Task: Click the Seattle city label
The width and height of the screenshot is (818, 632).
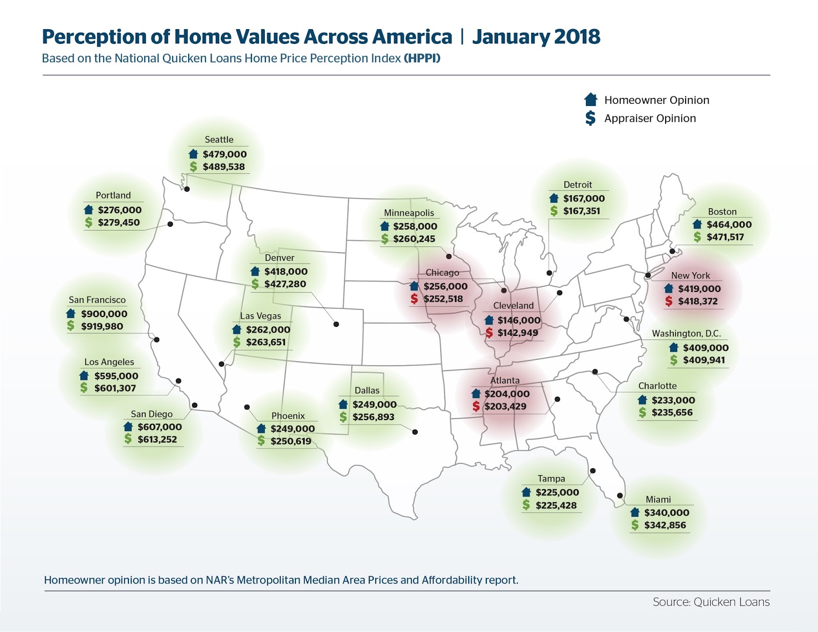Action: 219,140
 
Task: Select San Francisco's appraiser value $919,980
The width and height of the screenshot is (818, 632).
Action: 102,326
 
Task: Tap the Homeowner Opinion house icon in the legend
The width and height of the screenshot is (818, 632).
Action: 590,100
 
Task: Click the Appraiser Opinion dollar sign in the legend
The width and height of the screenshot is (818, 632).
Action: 590,118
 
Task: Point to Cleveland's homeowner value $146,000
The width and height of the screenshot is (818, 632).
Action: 518,320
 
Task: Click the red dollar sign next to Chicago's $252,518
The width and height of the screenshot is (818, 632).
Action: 414,299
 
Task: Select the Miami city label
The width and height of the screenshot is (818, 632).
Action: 658,500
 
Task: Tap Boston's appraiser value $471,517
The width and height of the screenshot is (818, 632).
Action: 725,237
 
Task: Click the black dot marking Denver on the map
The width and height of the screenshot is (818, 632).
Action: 336,324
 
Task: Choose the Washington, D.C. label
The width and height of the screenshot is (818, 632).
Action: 686,333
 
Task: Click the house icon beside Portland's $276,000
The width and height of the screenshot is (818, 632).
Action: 88,210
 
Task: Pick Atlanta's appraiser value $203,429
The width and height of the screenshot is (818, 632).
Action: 505,407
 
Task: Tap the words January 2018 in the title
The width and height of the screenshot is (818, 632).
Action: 536,37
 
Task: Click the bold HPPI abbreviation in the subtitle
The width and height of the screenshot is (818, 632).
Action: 422,58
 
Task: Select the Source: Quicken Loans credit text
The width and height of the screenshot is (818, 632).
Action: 711,602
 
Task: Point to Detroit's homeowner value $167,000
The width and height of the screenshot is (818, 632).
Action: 583,198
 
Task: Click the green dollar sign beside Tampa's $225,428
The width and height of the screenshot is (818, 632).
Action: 526,505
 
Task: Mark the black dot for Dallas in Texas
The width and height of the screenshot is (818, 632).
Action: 415,432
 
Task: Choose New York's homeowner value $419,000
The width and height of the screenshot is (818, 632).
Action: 699,289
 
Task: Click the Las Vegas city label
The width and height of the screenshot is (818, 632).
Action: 260,316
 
